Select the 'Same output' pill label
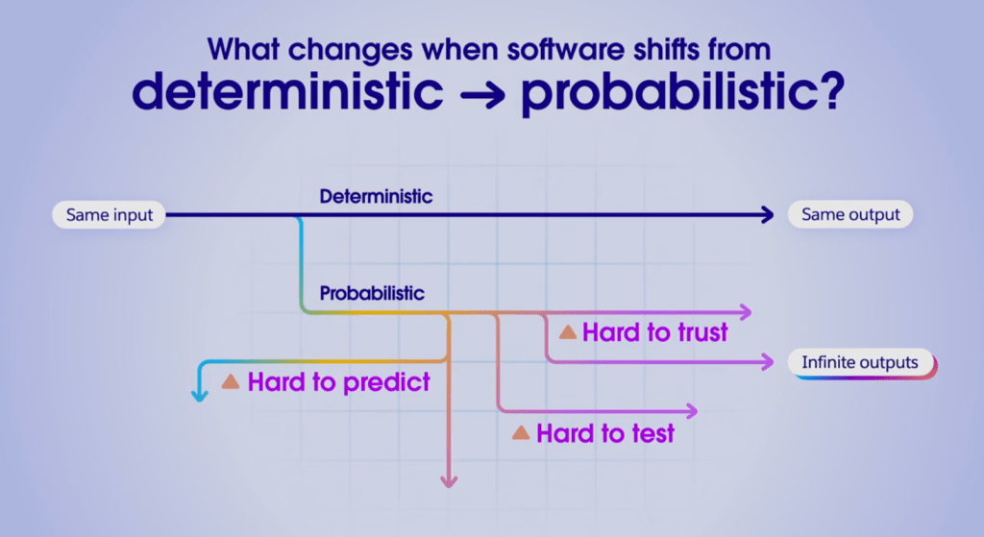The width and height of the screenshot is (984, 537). (x=850, y=215)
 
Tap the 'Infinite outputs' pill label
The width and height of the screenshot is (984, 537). (x=860, y=363)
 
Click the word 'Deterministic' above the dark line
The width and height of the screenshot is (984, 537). (x=376, y=196)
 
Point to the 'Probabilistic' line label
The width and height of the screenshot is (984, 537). (x=371, y=292)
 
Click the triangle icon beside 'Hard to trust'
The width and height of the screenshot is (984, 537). (x=567, y=332)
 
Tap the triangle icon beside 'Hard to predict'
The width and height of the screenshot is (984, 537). (x=231, y=381)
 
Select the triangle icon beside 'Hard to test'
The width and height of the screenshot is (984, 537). (x=521, y=433)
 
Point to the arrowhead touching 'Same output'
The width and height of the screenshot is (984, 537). (x=766, y=215)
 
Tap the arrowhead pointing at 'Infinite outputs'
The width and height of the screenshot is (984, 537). (x=766, y=362)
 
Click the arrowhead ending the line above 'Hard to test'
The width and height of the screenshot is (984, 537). (x=691, y=410)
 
